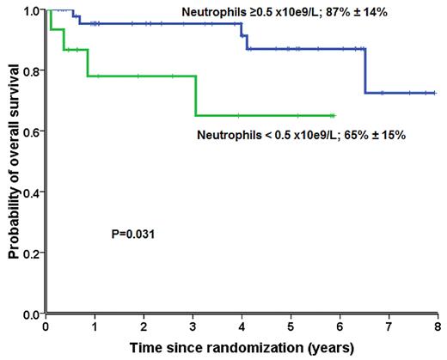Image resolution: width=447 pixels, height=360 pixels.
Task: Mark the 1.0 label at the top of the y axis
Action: coord(33,10)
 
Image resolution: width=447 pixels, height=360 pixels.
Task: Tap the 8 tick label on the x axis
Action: coord(438,327)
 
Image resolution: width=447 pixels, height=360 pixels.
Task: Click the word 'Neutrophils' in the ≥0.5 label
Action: coord(211,14)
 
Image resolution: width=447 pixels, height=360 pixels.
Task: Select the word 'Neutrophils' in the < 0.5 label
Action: coord(225,136)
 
